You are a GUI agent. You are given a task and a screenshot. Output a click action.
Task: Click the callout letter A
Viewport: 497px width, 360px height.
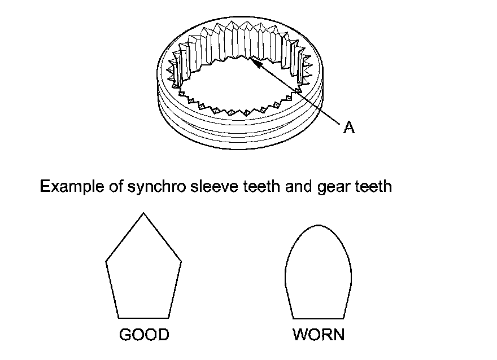pyautogui.click(x=349, y=128)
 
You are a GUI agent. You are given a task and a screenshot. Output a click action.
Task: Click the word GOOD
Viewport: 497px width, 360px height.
pyautogui.click(x=144, y=335)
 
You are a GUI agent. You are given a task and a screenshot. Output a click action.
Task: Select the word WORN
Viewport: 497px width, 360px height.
pyautogui.click(x=319, y=335)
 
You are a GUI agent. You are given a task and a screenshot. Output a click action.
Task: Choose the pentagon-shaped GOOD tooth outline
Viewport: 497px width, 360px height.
pyautogui.click(x=143, y=271)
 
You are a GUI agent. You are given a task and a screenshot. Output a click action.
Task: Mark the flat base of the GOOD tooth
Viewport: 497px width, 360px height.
pyautogui.click(x=143, y=317)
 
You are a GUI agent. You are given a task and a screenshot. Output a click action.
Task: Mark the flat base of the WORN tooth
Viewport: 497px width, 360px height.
pyautogui.click(x=318, y=317)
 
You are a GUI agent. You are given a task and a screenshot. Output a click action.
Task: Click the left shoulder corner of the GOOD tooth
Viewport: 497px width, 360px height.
pyautogui.click(x=106, y=261)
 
